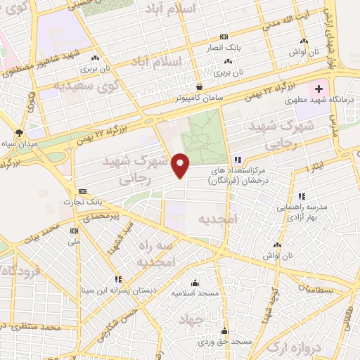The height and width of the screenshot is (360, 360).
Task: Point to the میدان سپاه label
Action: (22, 144)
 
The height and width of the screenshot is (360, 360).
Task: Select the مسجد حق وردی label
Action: (224, 341)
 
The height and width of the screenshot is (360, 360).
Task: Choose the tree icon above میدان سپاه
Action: (20, 132)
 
